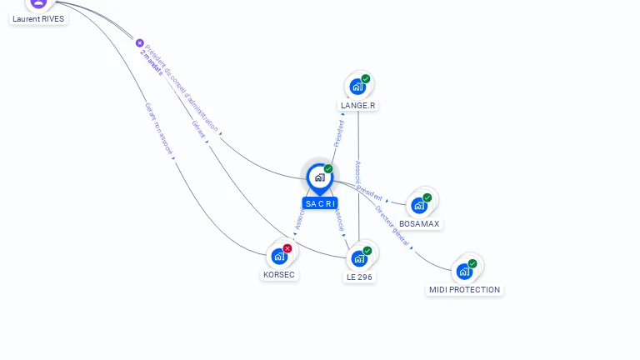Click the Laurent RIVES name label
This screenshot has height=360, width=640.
pyautogui.click(x=38, y=18)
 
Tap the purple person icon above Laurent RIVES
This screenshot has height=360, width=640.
pyautogui.click(x=39, y=3)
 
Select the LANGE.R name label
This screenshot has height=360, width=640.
pyautogui.click(x=358, y=105)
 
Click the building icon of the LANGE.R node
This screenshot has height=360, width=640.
pyautogui.click(x=357, y=87)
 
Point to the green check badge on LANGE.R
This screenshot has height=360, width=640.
pyautogui.click(x=366, y=79)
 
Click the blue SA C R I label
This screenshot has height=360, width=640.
pyautogui.click(x=320, y=203)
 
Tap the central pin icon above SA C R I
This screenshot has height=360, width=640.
pyautogui.click(x=319, y=177)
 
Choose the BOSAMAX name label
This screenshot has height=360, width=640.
pyautogui.click(x=419, y=223)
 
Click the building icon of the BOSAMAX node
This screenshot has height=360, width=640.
pyautogui.click(x=419, y=205)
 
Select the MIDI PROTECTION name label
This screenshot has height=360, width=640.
pyautogui.click(x=464, y=289)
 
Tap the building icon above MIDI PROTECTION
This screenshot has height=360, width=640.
pyautogui.click(x=464, y=271)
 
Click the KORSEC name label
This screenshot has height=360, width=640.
pyautogui.click(x=279, y=274)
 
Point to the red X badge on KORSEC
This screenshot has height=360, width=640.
pyautogui.click(x=287, y=248)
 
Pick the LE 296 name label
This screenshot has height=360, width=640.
pyautogui.click(x=359, y=277)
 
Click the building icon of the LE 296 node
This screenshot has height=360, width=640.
pyautogui.click(x=359, y=258)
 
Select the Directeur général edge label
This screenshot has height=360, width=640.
pyautogui.click(x=392, y=226)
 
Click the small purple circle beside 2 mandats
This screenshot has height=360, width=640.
pyautogui.click(x=140, y=43)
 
